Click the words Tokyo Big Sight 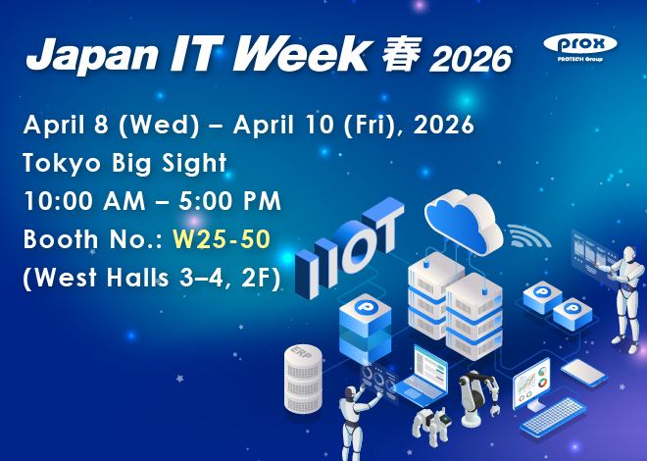(x=124, y=163)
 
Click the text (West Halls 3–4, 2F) (x=151, y=278)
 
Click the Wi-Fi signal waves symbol (x=529, y=236)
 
